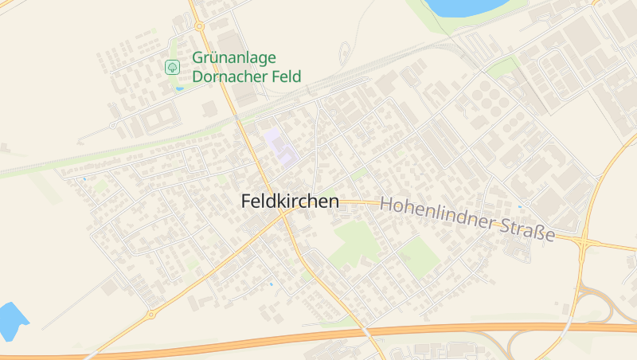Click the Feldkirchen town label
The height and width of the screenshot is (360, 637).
[x=290, y=202]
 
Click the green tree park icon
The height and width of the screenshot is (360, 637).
[x=172, y=68]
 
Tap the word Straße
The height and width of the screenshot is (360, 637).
[x=527, y=231]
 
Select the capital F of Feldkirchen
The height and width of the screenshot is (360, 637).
[x=246, y=202]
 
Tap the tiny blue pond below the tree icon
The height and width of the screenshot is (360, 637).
[x=179, y=88]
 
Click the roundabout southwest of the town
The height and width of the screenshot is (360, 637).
[x=150, y=315]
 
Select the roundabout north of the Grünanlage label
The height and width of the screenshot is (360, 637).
[x=199, y=25]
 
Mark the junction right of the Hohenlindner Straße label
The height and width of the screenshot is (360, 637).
[x=585, y=241]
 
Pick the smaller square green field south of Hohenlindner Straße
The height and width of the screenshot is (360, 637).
[x=418, y=256]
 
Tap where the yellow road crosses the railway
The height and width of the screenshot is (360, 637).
[x=236, y=118]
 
